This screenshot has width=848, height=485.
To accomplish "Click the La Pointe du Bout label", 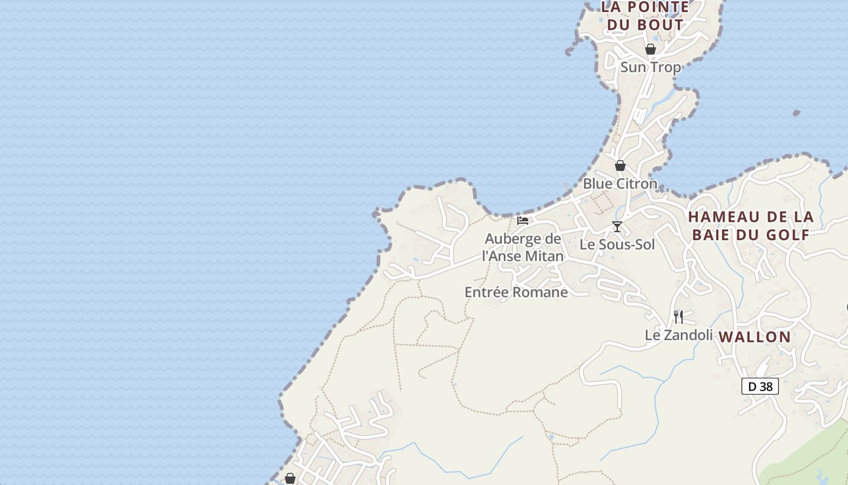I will [x=645, y=16].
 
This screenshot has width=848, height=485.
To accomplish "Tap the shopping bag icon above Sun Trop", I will [x=651, y=49].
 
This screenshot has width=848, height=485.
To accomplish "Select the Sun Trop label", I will [x=651, y=67].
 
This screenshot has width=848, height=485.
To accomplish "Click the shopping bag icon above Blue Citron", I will [x=620, y=166].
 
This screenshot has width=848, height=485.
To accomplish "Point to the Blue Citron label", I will [x=620, y=184].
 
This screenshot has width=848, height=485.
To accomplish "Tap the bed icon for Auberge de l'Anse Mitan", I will [x=523, y=221].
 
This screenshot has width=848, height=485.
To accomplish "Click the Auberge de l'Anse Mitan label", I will [x=523, y=247].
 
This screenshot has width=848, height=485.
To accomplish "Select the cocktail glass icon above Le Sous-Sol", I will [x=617, y=227].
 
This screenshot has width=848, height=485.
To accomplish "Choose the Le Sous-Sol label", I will [x=617, y=245].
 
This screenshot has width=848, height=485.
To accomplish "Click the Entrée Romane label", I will [x=516, y=292].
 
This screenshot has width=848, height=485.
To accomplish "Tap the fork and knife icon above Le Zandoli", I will [x=678, y=316].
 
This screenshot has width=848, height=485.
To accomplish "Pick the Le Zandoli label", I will [x=678, y=335].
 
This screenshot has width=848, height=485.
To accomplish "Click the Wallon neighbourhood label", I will [x=755, y=337].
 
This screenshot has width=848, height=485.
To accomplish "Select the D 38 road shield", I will [x=760, y=386].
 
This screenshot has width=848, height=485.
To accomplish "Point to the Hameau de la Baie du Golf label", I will [x=751, y=226].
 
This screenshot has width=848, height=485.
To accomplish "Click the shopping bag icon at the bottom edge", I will [x=290, y=479].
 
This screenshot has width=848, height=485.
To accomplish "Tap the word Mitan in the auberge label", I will [x=544, y=256].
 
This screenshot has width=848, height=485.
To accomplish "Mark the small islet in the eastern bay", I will [x=796, y=113].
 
